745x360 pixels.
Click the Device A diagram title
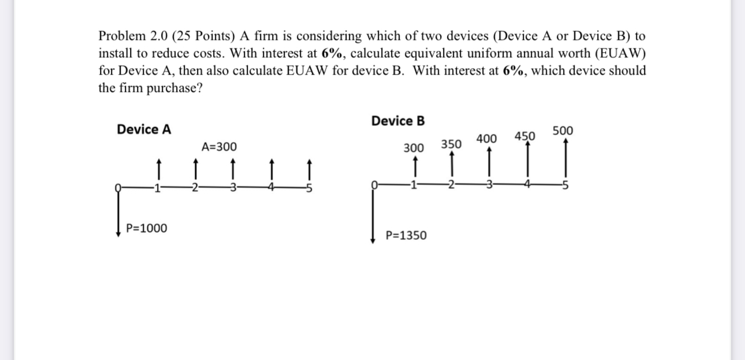[x=144, y=129]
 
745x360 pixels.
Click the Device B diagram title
[x=398, y=121]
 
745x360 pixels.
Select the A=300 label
[x=219, y=147]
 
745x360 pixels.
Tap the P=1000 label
[x=147, y=228]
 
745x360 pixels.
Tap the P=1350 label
[x=406, y=235]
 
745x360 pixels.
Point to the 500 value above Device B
[x=563, y=131]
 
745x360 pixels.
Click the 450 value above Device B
[x=525, y=136]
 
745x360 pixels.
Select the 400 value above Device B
[x=487, y=139]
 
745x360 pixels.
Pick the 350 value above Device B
[x=451, y=144]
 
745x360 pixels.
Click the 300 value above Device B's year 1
[x=413, y=148]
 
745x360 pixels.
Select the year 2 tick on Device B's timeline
[x=451, y=185]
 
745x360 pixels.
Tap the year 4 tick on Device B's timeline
[x=527, y=185]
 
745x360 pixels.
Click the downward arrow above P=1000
[x=118, y=214]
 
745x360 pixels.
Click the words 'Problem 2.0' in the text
[x=127, y=36]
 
